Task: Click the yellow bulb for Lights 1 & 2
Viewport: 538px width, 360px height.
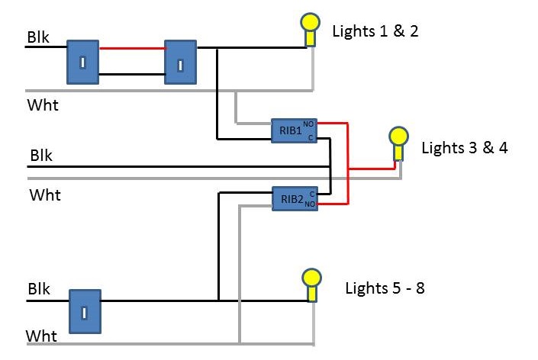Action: click(309, 23)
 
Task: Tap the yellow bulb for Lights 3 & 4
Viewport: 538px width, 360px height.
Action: click(398, 137)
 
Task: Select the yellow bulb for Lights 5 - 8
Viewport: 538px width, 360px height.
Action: click(311, 278)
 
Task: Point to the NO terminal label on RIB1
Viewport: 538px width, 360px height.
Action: click(308, 124)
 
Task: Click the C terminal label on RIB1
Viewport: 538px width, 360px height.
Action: click(311, 138)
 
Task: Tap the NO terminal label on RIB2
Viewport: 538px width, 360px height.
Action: click(309, 204)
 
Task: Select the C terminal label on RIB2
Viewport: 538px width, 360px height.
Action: click(311, 194)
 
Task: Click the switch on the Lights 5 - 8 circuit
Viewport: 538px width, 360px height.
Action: click(85, 310)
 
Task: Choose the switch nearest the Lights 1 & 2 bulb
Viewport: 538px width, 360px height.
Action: click(180, 62)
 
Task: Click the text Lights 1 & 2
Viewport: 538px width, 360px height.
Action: click(375, 31)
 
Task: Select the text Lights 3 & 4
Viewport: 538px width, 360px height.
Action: click(464, 147)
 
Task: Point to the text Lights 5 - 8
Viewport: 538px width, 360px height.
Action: click(385, 288)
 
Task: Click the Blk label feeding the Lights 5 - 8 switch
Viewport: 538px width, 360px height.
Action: click(39, 289)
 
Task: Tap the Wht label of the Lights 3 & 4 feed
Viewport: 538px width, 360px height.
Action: click(45, 194)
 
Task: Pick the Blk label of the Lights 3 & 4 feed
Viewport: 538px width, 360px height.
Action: click(41, 155)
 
